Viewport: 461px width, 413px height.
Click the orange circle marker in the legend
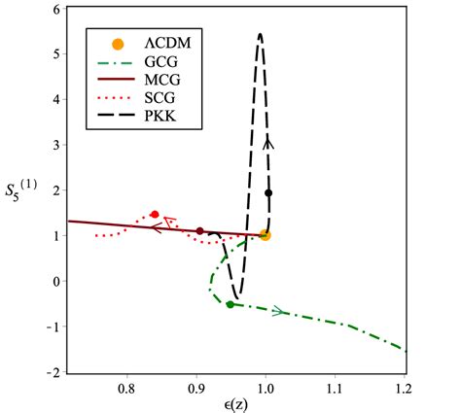pos(118,44)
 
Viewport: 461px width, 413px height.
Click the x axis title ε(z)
pos(230,404)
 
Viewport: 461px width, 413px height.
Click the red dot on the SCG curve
pos(155,214)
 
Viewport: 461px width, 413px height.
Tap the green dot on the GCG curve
pos(230,304)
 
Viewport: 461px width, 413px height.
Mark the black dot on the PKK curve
pos(268,192)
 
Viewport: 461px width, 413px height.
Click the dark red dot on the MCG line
pos(200,231)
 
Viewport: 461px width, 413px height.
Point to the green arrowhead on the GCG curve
pos(280,311)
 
